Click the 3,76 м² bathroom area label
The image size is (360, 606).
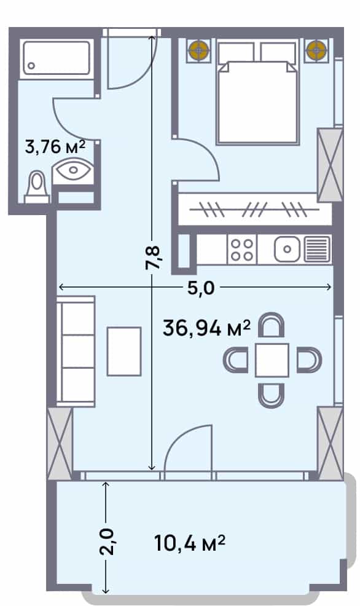coord(54,147)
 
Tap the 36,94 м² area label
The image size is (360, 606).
coord(206,328)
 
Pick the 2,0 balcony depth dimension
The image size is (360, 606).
coord(106,541)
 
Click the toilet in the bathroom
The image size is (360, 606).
coord(37,187)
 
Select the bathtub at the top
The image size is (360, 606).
coord(56,59)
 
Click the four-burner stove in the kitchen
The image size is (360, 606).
coord(241,250)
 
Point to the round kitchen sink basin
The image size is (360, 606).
coord(286,250)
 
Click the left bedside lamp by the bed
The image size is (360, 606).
coord(198,50)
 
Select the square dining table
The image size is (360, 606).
coord(272,360)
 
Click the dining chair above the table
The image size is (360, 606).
coord(271,326)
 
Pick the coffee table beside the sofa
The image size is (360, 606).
coord(124,351)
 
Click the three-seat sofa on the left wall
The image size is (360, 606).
coord(76,352)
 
